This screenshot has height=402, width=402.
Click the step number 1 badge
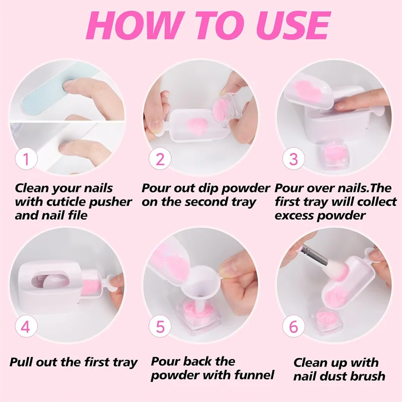click(26, 160)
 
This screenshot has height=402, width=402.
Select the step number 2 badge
click(160, 160)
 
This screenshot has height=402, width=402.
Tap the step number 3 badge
click(294, 160)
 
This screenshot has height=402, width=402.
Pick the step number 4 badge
click(26, 327)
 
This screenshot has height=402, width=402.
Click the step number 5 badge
click(160, 327)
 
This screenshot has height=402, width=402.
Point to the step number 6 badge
click(294, 327)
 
